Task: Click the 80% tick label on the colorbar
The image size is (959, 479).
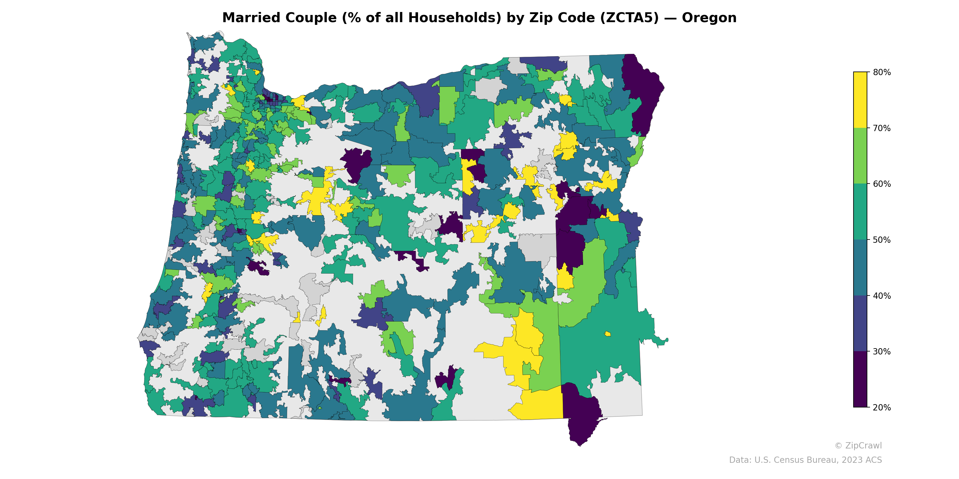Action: click(882, 72)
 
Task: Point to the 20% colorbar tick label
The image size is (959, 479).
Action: click(882, 407)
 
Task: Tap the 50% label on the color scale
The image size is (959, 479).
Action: click(882, 240)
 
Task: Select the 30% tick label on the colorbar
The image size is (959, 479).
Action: click(882, 351)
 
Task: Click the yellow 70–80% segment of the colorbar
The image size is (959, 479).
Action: click(860, 100)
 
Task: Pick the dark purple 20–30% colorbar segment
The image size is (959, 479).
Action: click(860, 379)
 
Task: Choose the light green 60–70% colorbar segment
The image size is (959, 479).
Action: click(860, 156)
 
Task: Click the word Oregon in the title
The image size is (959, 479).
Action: click(709, 18)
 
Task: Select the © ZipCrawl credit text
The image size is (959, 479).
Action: click(858, 445)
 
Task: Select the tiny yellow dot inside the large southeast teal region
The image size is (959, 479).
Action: click(607, 334)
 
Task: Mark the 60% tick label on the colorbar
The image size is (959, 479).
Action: click(882, 184)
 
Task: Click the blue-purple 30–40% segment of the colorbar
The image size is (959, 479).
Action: click(860, 324)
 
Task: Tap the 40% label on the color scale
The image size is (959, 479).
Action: click(882, 296)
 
